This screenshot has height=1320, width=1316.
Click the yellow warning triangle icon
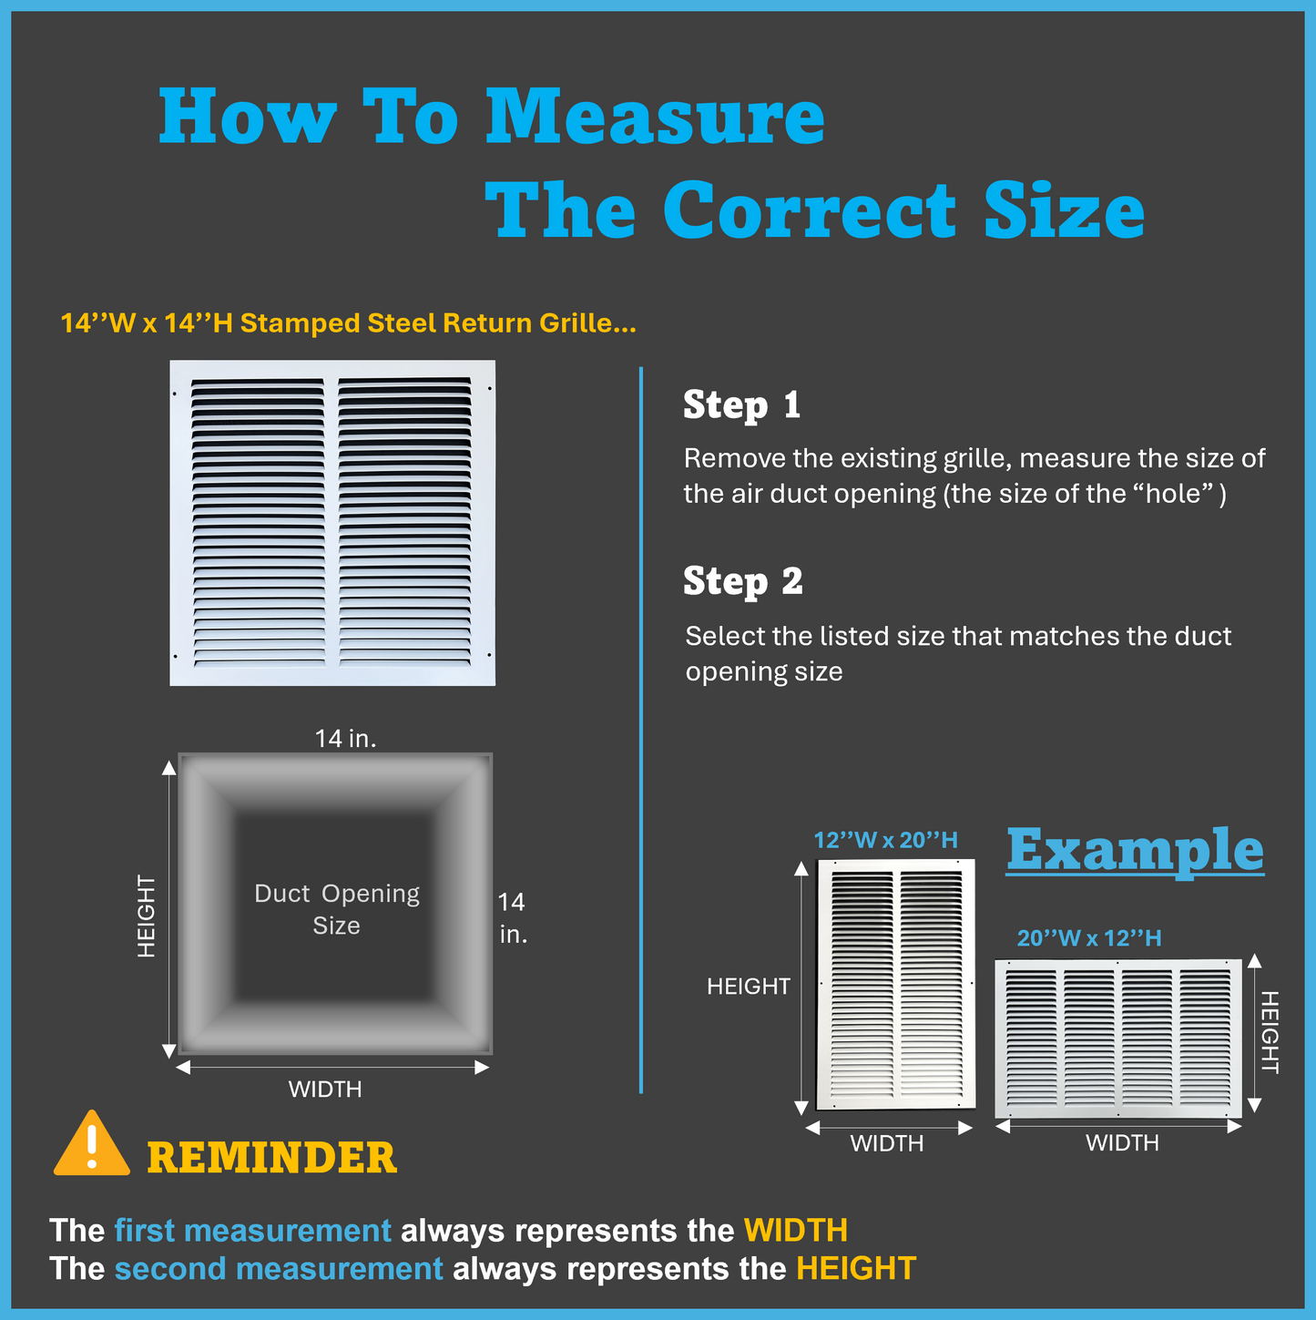tap(92, 1145)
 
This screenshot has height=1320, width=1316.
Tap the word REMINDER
tap(272, 1159)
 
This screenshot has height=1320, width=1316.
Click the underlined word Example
tap(1135, 850)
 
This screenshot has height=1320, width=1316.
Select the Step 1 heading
tap(742, 404)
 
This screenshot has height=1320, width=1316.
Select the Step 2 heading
tap(742, 581)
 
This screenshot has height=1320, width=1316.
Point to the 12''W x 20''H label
tap(885, 841)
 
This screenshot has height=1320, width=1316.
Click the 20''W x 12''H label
tap(1089, 938)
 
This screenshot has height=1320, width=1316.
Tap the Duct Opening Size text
tap(336, 910)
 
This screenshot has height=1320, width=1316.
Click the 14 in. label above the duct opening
tap(345, 739)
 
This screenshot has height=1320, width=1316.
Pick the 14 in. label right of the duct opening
tap(513, 918)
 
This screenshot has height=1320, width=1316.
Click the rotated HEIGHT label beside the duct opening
tap(146, 916)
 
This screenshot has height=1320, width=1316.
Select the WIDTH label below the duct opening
tap(325, 1090)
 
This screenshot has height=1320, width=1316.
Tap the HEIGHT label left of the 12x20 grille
tap(748, 987)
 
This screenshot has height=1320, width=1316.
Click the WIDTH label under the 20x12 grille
tap(1122, 1142)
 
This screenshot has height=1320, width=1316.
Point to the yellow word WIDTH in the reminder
tap(796, 1230)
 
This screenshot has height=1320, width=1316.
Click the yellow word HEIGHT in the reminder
tap(856, 1269)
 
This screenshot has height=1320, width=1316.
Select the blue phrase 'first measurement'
tap(253, 1230)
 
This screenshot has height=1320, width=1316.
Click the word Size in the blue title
tap(1065, 210)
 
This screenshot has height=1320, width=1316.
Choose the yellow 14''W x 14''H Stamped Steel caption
tap(348, 323)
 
